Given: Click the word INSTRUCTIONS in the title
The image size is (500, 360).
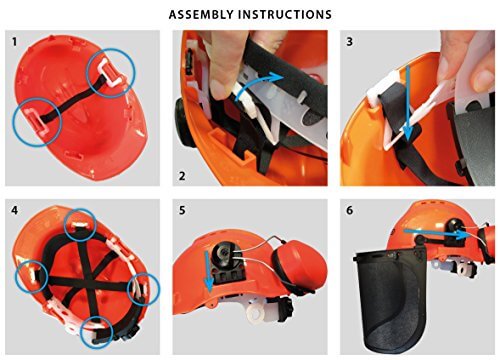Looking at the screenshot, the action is (x=285, y=14).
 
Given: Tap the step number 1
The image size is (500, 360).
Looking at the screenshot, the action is (x=14, y=42).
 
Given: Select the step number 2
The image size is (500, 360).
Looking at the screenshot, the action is (x=182, y=176).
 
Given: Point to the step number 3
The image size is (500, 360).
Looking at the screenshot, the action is (x=349, y=42).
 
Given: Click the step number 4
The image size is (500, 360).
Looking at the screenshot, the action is (x=15, y=211).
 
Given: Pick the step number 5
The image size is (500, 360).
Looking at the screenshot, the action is (x=182, y=211).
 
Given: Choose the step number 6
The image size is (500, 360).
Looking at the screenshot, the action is (x=349, y=211).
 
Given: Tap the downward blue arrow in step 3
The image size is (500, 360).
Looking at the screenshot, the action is (x=408, y=103).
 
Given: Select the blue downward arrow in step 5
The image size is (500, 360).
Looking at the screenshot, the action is (x=208, y=271).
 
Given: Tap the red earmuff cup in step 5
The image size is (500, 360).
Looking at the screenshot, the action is (x=300, y=263).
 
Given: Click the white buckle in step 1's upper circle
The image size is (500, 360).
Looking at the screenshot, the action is (x=109, y=72).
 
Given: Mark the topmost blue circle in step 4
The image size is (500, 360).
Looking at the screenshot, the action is (x=80, y=226).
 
